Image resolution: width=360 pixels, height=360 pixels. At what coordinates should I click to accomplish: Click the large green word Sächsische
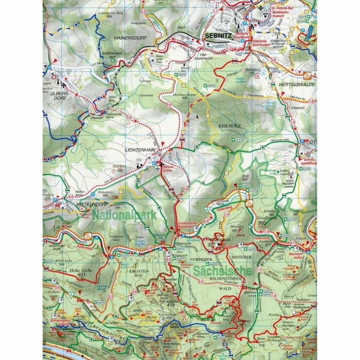click(x=222, y=271)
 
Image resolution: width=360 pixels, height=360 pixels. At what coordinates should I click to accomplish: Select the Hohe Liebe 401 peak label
click(x=82, y=272)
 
